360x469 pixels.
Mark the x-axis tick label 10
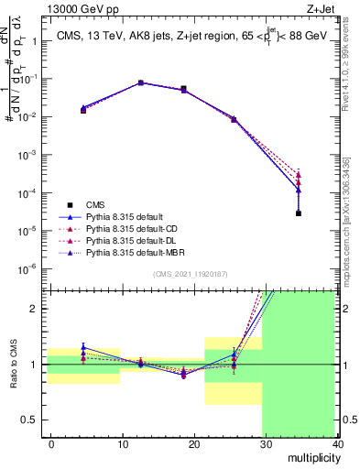pyautogui.click(x=122, y=443)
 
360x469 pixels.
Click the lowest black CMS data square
pyautogui.click(x=300, y=213)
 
